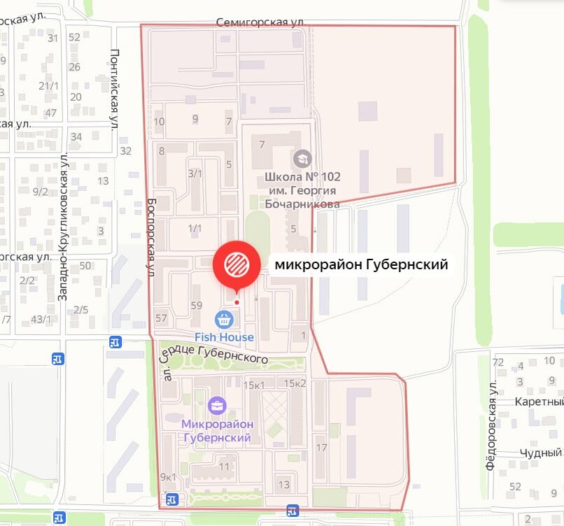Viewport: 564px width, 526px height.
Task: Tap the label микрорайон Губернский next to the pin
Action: tap(361, 264)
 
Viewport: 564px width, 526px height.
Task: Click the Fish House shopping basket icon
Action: tap(225, 320)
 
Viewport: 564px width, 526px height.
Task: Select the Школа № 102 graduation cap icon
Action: tap(303, 157)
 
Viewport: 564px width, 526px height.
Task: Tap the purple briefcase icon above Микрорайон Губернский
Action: tap(217, 405)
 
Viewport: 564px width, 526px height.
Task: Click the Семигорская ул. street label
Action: tap(260, 22)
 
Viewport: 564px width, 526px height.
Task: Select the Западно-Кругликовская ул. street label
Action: tap(64, 228)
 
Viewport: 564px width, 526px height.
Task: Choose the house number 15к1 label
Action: tap(254, 384)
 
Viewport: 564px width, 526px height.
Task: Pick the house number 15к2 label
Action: tap(295, 383)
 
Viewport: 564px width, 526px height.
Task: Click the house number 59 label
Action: tap(197, 305)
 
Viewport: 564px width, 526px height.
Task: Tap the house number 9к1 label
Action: tap(168, 477)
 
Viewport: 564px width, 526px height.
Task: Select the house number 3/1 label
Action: tap(195, 173)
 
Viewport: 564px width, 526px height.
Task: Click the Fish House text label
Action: tap(225, 337)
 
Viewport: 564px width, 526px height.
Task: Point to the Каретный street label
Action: tap(539, 402)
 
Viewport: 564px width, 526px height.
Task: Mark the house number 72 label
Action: tap(498, 362)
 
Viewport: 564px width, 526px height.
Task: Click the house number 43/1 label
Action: tap(41, 320)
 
